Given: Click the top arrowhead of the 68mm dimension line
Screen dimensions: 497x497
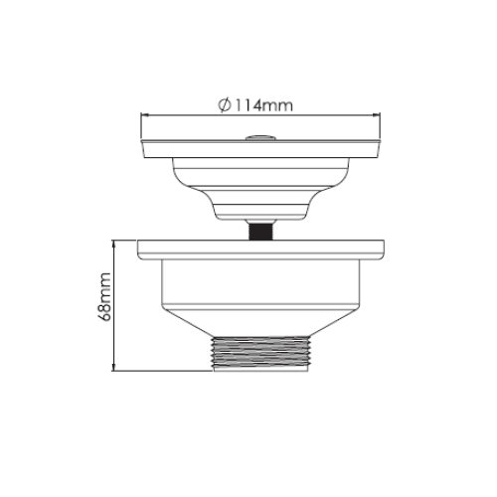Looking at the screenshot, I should click(116, 244).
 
